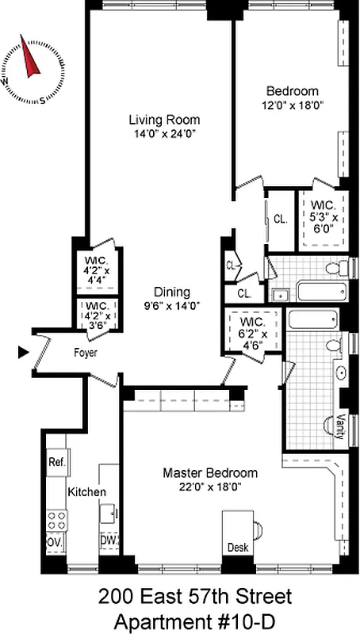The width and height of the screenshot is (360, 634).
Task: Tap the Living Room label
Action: point(164,120)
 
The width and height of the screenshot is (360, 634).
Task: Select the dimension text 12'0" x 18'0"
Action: point(293,104)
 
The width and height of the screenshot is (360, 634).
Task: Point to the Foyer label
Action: point(86,353)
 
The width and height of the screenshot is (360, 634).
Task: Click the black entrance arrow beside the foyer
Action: point(24,352)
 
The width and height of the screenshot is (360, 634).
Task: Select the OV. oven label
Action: point(56,542)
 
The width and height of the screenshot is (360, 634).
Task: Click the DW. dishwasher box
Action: point(109,542)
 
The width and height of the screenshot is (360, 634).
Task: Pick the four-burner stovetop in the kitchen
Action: point(56,520)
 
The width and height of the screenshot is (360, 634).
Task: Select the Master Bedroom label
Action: point(199,473)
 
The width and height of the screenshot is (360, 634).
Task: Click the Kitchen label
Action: point(86,492)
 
